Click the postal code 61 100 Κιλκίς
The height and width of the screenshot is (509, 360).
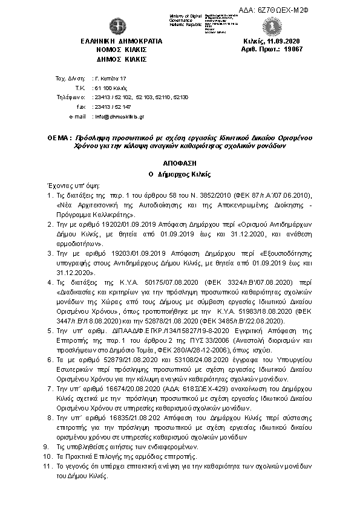pos(105,88)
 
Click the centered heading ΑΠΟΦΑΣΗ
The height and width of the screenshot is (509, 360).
pos(180,163)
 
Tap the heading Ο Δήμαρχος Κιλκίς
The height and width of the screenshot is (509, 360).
pos(180,174)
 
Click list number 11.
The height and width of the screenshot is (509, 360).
pos(48,467)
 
